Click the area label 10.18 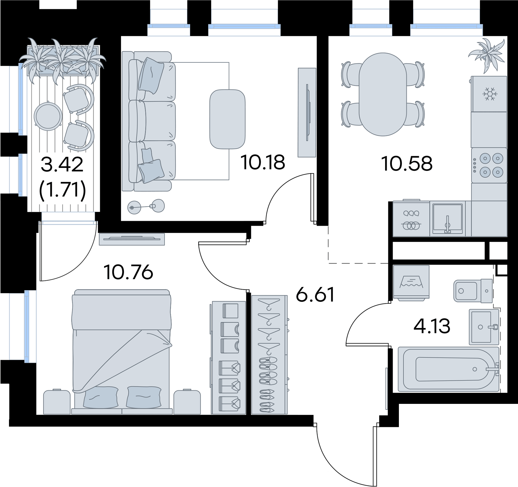[263, 162]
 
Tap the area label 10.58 [407, 164]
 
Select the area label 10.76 [128, 272]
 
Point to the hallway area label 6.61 [315, 295]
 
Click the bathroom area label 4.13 [432, 326]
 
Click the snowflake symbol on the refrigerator [490, 94]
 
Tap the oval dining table [383, 94]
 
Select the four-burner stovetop [489, 165]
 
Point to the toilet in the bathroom [473, 291]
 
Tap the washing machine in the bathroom [411, 282]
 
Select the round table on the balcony [48, 116]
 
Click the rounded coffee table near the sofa [228, 119]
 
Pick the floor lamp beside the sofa [146, 206]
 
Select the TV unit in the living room [307, 112]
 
